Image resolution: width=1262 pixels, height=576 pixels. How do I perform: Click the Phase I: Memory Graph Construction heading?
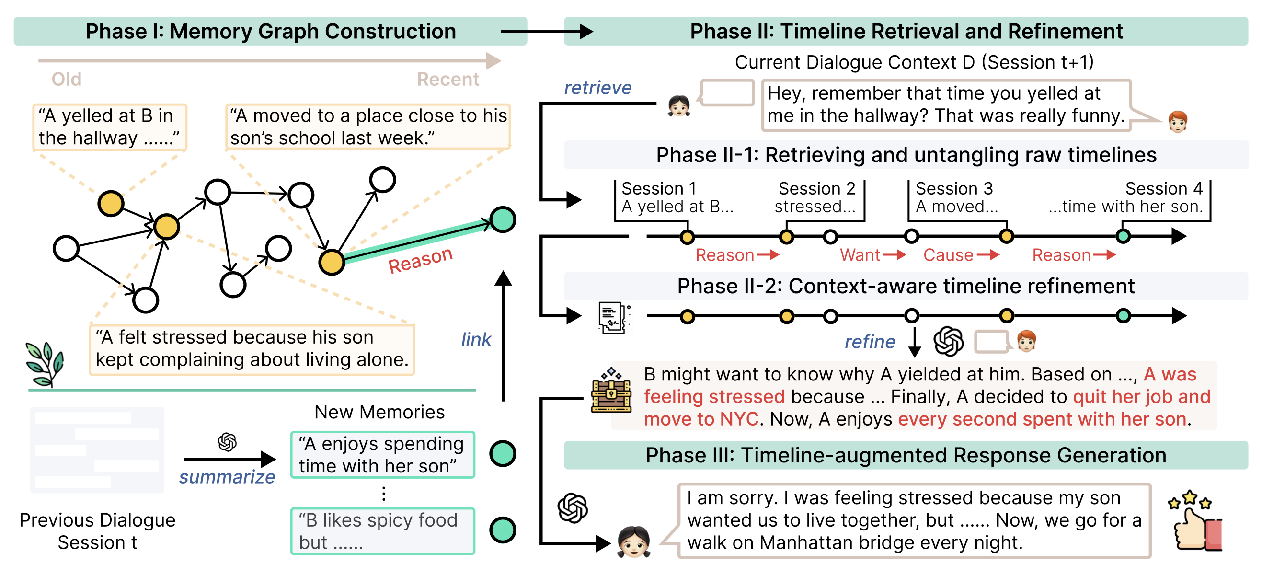pos(270,31)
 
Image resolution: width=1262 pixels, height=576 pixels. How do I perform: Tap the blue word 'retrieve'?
pos(597,88)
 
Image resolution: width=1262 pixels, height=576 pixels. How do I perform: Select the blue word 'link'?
pos(476,339)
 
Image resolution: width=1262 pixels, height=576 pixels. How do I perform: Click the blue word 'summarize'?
pos(227,477)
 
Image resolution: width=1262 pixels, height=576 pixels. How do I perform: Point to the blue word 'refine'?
pos(870,341)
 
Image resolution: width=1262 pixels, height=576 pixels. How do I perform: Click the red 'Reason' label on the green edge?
pos(420,260)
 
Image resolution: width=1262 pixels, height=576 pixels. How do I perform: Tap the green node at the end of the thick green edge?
pos(503,219)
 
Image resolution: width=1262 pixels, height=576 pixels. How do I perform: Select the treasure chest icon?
pos(611,391)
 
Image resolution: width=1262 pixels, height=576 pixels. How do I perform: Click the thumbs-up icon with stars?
pos(1195,521)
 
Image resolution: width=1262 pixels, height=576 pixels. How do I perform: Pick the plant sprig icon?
pos(45,363)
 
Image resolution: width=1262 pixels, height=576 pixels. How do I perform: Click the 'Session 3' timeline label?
pos(954,189)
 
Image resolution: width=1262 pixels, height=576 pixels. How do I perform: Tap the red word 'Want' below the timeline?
pos(860,255)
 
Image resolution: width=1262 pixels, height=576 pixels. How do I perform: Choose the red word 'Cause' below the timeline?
pos(948,255)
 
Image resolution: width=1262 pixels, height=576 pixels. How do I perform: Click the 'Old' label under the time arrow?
pos(67,80)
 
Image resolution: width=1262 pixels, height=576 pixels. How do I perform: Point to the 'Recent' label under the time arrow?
pos(448,80)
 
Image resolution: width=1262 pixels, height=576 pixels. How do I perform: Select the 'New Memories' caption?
pos(379,412)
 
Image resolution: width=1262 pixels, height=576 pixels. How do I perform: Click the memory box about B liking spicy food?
pos(383,531)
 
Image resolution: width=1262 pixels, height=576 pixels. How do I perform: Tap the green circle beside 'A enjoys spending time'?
pos(503,453)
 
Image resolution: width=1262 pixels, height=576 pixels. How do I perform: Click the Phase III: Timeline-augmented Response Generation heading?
pos(906,455)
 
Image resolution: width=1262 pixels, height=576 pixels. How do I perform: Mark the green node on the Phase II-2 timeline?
pos(1123,316)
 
